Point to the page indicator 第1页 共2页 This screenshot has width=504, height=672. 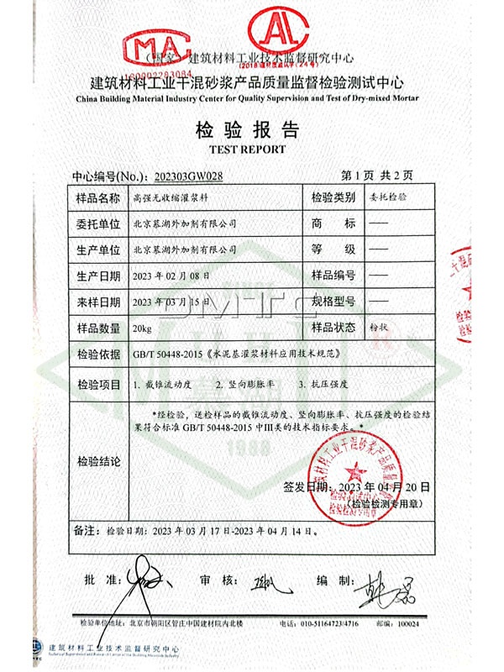(378, 176)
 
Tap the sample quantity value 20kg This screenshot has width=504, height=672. (143, 327)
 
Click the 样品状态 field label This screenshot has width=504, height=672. (334, 327)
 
